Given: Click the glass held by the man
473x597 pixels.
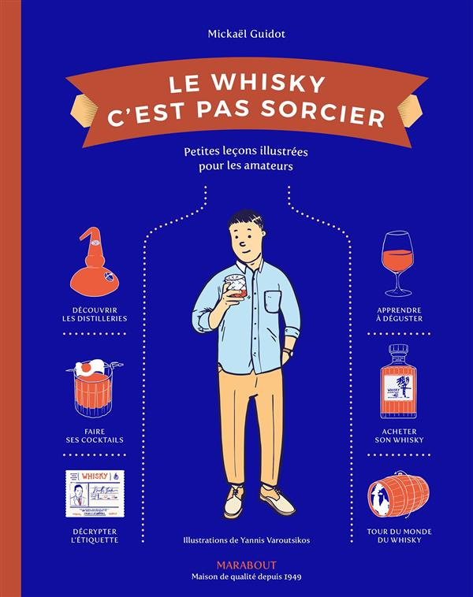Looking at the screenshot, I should point(235,288).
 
